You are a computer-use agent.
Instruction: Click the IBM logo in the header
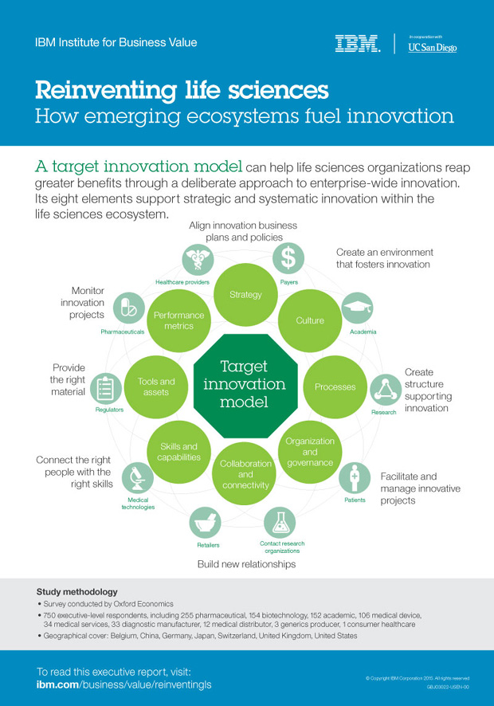pyautogui.click(x=357, y=44)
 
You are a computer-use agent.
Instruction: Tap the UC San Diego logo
pyautogui.click(x=432, y=45)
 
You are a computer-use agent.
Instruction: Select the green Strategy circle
pyautogui.click(x=245, y=295)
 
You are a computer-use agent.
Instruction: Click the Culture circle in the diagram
pyautogui.click(x=310, y=320)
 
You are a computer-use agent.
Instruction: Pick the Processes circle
pyautogui.click(x=335, y=386)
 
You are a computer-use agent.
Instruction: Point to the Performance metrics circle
pyautogui.click(x=179, y=320)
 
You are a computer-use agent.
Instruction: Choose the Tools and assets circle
pyautogui.click(x=156, y=386)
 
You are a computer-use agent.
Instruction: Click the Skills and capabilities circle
pyautogui.click(x=179, y=452)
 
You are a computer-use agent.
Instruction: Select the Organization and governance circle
pyautogui.click(x=310, y=452)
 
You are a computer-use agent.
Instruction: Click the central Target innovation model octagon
pyautogui.click(x=245, y=386)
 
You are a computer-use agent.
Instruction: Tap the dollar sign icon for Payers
pyautogui.click(x=289, y=257)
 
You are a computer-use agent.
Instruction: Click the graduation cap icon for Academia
pyautogui.click(x=357, y=308)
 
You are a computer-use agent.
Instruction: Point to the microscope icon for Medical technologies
pyautogui.click(x=137, y=477)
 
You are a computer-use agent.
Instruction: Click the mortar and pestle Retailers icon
pyautogui.click(x=204, y=523)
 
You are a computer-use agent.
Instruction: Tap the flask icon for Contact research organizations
pyautogui.click(x=280, y=523)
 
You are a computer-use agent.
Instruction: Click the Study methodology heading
pyautogui.click(x=77, y=592)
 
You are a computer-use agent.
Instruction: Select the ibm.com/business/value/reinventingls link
pyautogui.click(x=124, y=684)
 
